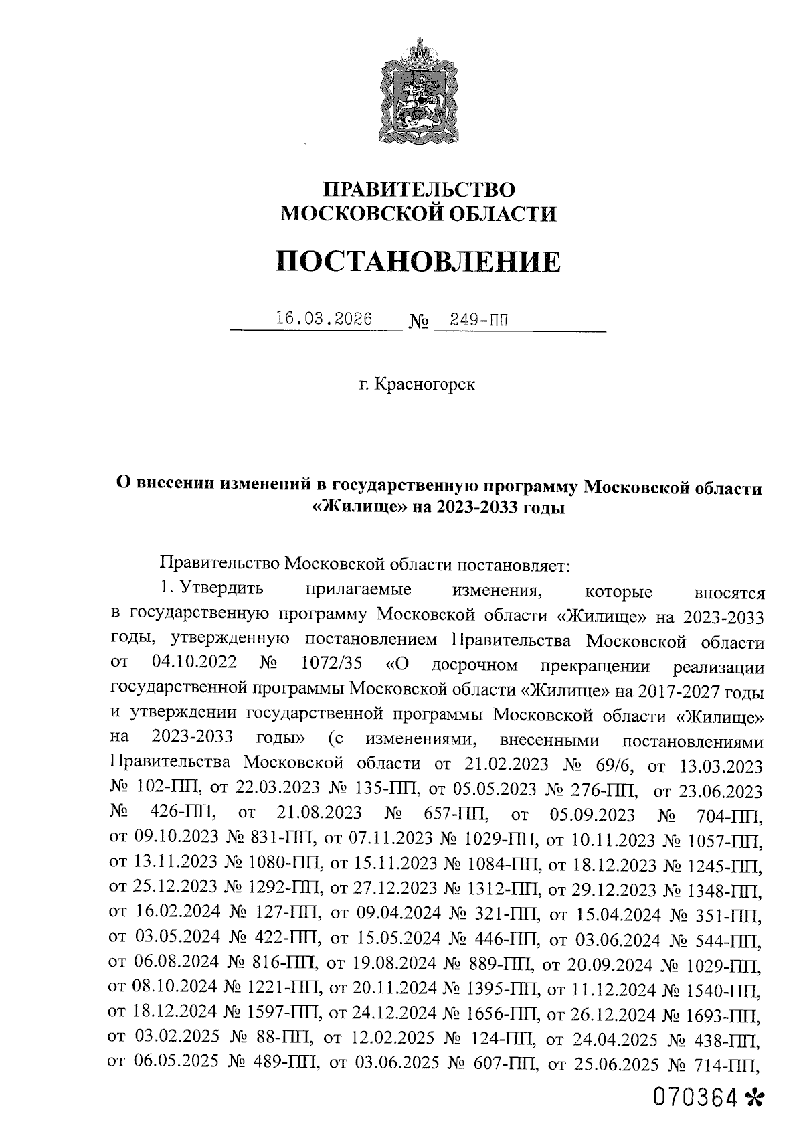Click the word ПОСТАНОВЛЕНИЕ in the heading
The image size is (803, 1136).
(x=418, y=262)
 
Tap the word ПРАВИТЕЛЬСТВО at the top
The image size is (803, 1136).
(x=418, y=189)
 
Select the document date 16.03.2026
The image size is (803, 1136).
(x=324, y=318)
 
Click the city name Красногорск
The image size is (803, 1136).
(x=426, y=385)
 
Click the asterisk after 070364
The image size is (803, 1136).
(x=753, y=1098)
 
